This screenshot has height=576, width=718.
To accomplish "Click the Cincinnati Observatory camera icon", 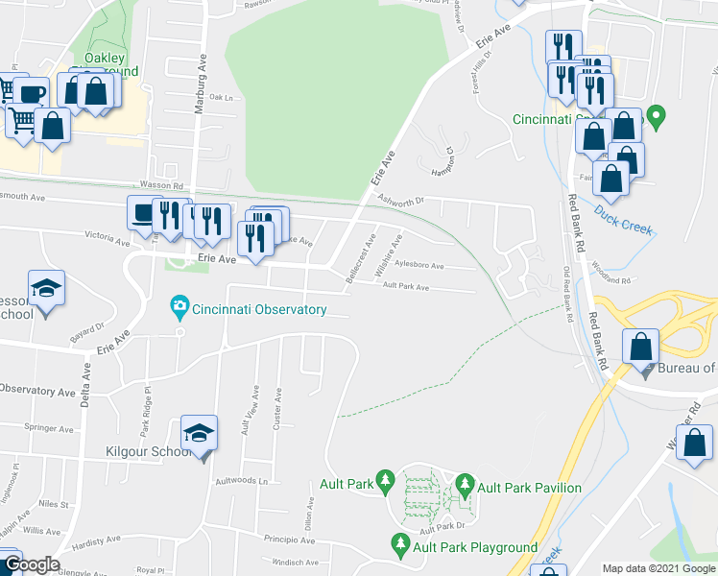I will coord(179,309).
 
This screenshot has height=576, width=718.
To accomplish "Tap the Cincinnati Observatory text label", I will coord(259,310).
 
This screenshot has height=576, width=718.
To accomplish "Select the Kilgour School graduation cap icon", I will coord(201,431).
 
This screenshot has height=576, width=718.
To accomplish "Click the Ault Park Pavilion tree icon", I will coord(465,481).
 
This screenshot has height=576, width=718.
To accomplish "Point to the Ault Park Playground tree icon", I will coord(400,545).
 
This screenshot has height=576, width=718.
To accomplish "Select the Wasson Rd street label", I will coord(165,187).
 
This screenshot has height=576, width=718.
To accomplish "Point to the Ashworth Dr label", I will coord(400,201).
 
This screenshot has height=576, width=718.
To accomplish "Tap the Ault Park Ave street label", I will coord(405,286).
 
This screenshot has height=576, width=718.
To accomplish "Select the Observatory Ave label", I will coord(36,391).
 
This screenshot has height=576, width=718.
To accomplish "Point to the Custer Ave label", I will coord(278,407).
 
